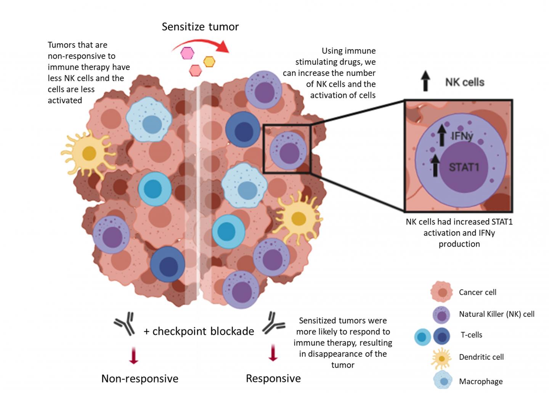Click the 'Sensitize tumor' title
click(200, 27)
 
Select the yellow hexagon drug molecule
click(209, 61)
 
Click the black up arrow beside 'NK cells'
click(425, 82)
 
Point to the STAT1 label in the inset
click(464, 167)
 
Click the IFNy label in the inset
click(462, 136)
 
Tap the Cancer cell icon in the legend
click(441, 292)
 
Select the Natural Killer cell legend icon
click(441, 315)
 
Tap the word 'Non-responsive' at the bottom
click(140, 379)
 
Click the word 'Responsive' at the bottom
click(273, 379)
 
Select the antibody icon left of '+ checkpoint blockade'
click(125, 324)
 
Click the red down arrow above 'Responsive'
click(273, 352)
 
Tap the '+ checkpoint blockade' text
click(199, 331)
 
